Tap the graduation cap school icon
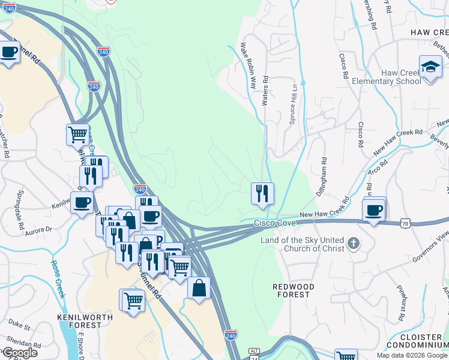[430, 67]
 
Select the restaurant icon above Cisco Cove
[262, 193]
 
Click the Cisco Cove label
[274, 223]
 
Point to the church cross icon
[354, 244]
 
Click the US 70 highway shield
[405, 223]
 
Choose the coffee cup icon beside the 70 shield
[373, 211]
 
